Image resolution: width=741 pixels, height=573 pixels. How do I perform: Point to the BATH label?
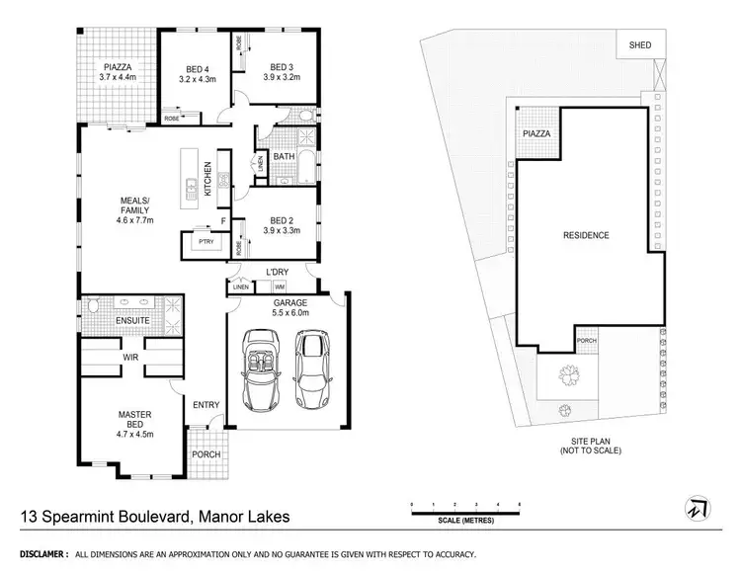pos(284,157)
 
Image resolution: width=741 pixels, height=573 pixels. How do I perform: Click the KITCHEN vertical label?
pos(207,179)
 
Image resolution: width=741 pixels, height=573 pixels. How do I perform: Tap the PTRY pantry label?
pos(206,241)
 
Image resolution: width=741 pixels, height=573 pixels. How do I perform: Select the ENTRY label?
pos(206,404)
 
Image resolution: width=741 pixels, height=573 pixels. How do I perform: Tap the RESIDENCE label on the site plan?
pos(586,235)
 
